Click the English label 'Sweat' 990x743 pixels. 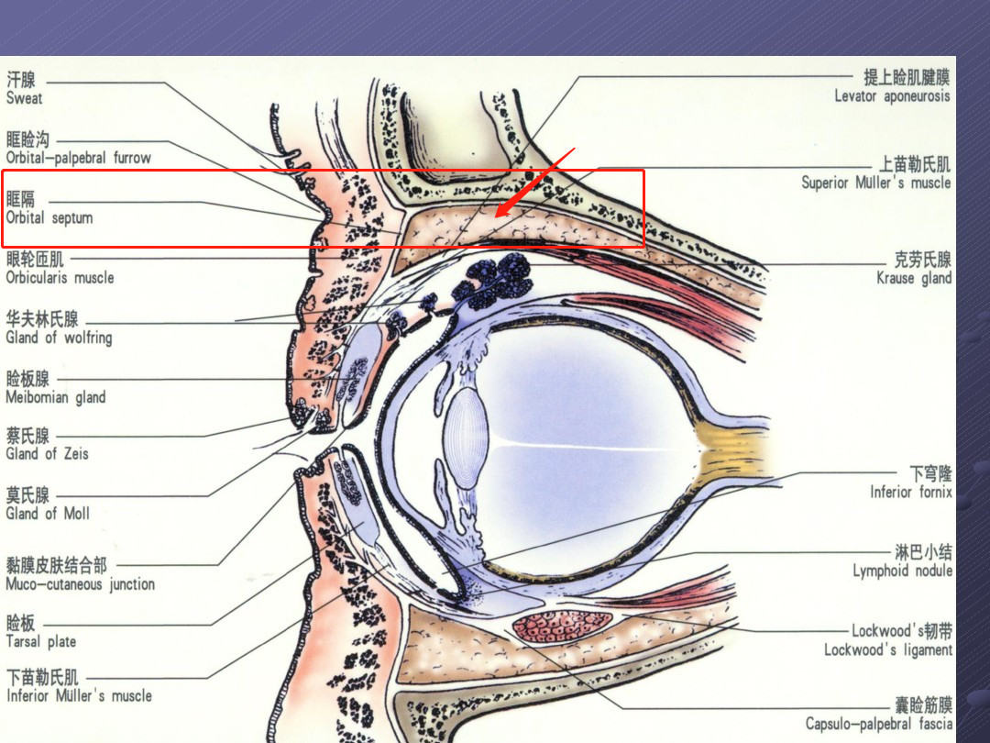[x=24, y=98]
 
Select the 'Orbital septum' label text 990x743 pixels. [x=49, y=218]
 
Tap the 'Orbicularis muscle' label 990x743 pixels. [x=60, y=278]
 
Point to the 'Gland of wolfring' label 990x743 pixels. [x=60, y=338]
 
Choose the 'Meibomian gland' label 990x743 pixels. [x=56, y=397]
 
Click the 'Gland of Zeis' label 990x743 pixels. [x=48, y=454]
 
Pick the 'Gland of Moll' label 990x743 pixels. [x=48, y=513]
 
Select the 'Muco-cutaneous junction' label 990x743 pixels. [x=80, y=584]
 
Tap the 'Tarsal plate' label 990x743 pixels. [x=41, y=641]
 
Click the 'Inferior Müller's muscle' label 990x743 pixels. [x=79, y=695]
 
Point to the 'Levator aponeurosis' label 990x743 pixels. [x=892, y=96]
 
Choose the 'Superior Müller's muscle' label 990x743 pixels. [x=875, y=183]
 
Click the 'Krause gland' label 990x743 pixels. [x=914, y=278]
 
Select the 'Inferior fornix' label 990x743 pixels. [x=910, y=492]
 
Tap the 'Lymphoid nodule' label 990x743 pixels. [x=902, y=571]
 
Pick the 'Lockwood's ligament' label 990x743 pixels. [x=887, y=649]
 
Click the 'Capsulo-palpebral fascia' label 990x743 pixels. [x=878, y=724]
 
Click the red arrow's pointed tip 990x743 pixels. [x=496, y=216]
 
